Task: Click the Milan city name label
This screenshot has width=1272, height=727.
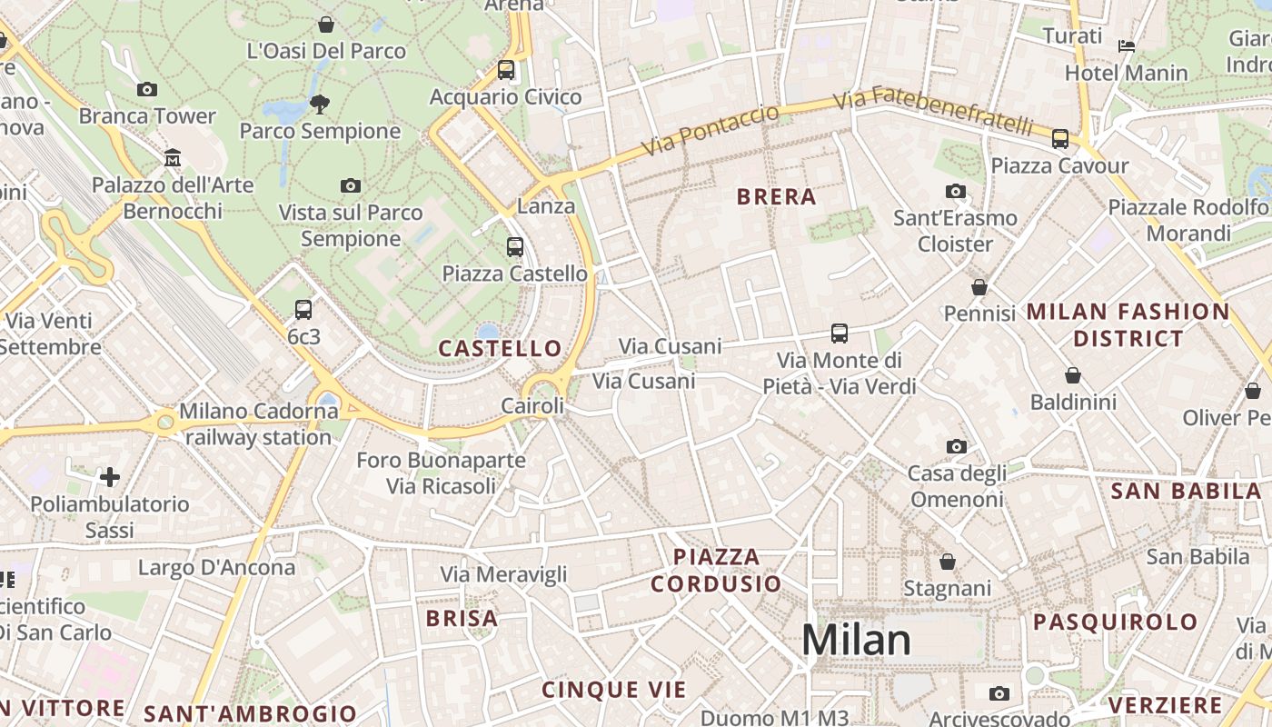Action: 856,640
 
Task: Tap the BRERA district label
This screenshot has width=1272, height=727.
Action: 777,197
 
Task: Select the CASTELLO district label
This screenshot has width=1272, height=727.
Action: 501,348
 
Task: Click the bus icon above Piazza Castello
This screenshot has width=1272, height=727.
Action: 515,246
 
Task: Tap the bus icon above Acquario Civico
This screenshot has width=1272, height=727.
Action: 506,70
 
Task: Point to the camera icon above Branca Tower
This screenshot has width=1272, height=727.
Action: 147,89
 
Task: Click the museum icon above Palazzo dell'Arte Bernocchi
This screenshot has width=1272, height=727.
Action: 173,158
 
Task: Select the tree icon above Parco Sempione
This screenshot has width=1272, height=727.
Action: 320,104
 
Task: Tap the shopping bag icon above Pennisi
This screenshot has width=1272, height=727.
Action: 979,287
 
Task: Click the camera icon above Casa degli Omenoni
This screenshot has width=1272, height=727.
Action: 957,446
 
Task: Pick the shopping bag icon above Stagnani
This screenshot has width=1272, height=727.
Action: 948,562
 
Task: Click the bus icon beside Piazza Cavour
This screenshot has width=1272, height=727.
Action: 1060,139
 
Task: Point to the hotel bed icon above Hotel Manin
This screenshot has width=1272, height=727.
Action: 1127,45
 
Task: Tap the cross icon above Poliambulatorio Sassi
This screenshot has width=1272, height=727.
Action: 110,477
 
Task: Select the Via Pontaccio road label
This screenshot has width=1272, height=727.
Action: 711,130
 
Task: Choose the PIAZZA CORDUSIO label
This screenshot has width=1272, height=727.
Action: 717,570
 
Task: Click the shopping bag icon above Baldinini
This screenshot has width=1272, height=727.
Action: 1073,375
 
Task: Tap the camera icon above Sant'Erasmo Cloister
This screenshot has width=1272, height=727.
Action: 956,192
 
